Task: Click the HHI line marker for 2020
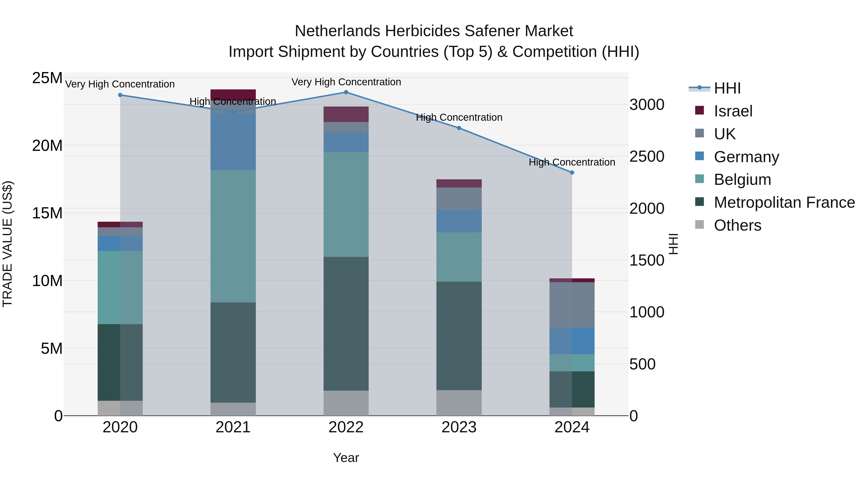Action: pyautogui.click(x=120, y=95)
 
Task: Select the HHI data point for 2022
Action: pyautogui.click(x=346, y=92)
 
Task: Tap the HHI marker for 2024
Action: pyautogui.click(x=572, y=173)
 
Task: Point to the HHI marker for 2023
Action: pyautogui.click(x=459, y=128)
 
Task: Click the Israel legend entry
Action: pyautogui.click(x=733, y=111)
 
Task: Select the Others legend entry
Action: pyautogui.click(x=737, y=225)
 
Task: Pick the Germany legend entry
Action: pyautogui.click(x=746, y=157)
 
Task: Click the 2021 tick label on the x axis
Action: pyautogui.click(x=233, y=427)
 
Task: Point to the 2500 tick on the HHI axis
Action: pyautogui.click(x=647, y=157)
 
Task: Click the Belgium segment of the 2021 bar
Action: pyautogui.click(x=233, y=236)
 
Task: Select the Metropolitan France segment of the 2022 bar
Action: pyautogui.click(x=346, y=323)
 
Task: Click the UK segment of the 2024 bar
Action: pyautogui.click(x=572, y=305)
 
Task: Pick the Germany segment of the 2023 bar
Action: pyautogui.click(x=459, y=221)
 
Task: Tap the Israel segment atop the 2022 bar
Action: pyautogui.click(x=346, y=114)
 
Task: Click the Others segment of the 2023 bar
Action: pyautogui.click(x=459, y=403)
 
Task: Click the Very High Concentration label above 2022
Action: pyautogui.click(x=346, y=82)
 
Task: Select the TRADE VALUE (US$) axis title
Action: pyautogui.click(x=7, y=244)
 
